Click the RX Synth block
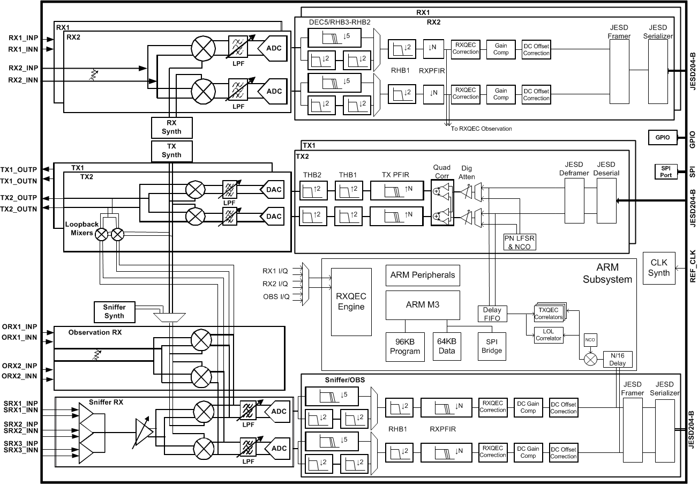tap(171, 127)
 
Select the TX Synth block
tap(171, 151)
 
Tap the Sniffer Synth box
tap(117, 311)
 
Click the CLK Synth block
tap(658, 267)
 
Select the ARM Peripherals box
tap(422, 275)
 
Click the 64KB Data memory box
tap(447, 347)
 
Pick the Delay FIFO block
tap(492, 314)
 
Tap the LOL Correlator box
tap(548, 335)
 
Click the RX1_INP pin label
tap(23, 39)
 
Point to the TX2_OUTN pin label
tap(19, 209)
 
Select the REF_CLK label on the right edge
tap(692, 268)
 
